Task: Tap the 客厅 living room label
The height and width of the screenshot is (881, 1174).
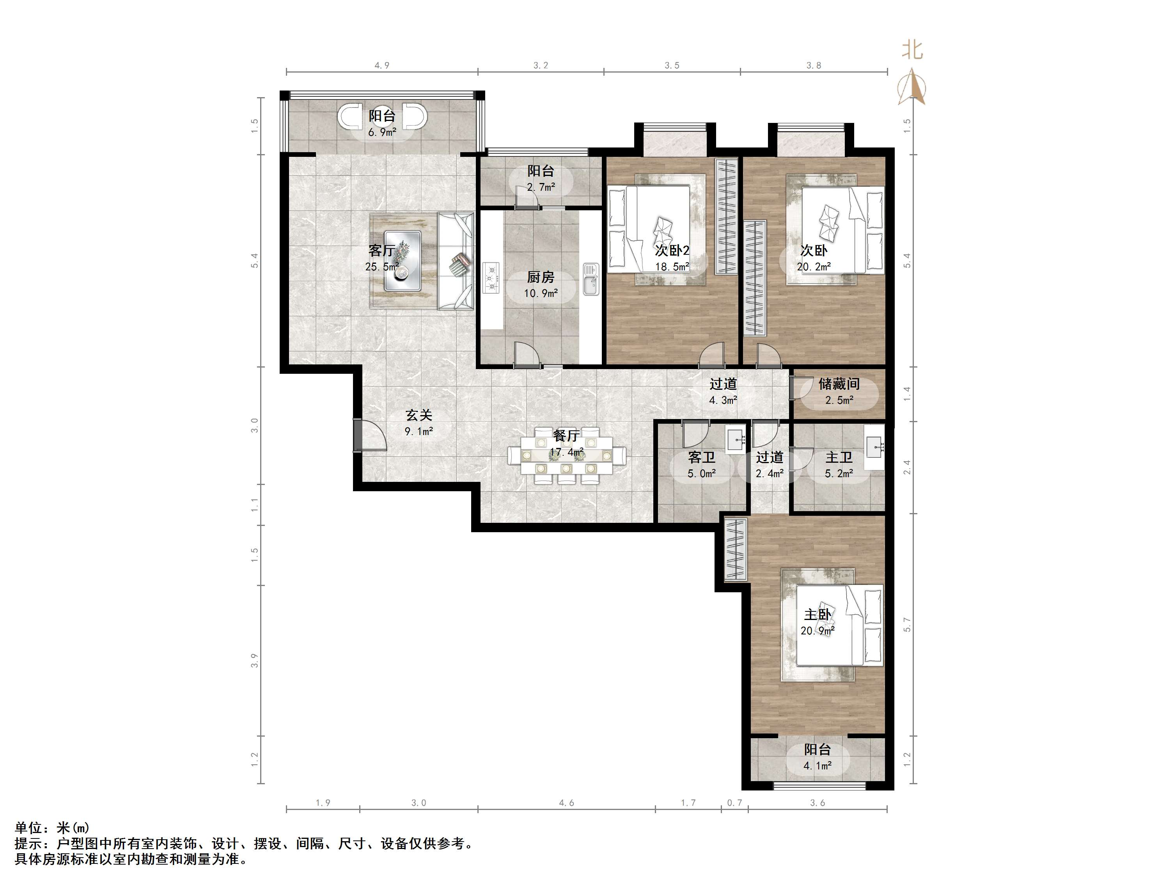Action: coord(381,250)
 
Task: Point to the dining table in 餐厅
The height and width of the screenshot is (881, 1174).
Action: coord(566,455)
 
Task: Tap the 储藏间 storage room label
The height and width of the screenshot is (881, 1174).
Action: coord(839,384)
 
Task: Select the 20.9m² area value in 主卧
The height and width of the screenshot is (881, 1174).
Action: coord(818,631)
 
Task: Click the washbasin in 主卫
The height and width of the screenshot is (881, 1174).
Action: coord(874,447)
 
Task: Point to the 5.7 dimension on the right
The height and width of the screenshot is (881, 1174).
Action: coord(907,625)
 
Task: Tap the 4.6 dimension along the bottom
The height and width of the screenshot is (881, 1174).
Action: coord(566,803)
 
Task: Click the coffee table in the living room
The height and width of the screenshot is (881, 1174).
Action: coord(403,261)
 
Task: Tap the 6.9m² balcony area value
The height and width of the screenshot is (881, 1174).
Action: coord(382,132)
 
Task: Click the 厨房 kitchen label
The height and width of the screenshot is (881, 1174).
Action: coord(541,277)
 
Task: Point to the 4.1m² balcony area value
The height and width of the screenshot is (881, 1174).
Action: coord(818,766)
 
